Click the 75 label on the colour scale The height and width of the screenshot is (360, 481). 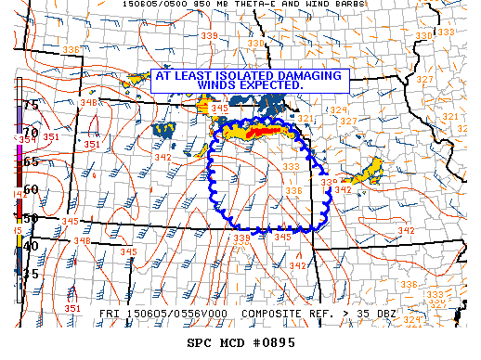click(x=31, y=105)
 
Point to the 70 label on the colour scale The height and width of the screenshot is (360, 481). click(x=31, y=133)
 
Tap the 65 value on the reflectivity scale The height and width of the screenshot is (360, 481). click(x=31, y=161)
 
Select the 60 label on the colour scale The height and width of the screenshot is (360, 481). click(x=31, y=189)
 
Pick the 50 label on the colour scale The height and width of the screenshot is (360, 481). click(x=31, y=218)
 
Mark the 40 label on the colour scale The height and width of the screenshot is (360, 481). click(x=31, y=246)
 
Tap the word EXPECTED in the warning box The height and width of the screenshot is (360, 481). click(x=273, y=85)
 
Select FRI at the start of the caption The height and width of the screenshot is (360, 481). click(x=109, y=315)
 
